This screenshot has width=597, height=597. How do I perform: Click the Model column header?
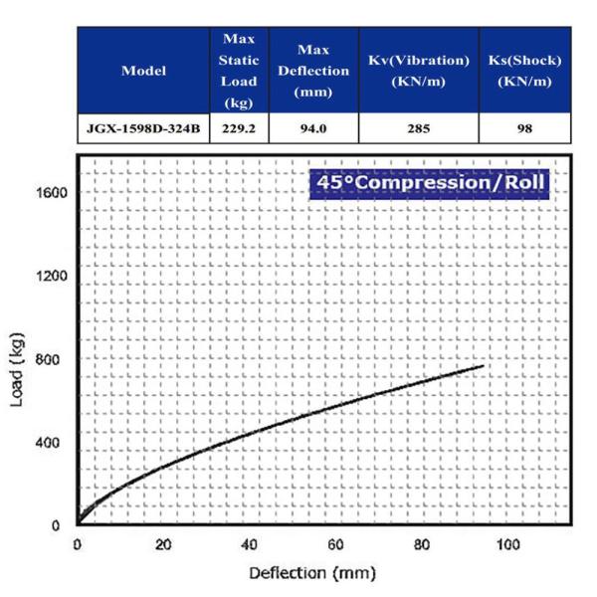coord(143,71)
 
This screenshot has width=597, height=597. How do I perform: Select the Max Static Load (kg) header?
coord(240,70)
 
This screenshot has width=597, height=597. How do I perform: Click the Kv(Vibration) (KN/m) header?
coord(419,70)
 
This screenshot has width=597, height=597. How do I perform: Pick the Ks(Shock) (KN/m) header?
coord(524,70)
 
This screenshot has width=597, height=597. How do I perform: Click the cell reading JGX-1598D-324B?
coord(143,127)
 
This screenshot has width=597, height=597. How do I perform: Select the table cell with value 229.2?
coord(240,127)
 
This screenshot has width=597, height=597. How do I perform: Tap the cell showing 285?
coord(419,127)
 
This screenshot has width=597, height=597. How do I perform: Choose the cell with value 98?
coord(524,127)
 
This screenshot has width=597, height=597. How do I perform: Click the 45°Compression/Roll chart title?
coord(428,184)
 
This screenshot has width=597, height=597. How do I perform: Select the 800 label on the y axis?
coord(56,359)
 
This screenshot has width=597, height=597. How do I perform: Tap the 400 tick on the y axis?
coord(56,443)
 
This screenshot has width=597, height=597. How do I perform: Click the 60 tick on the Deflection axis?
coord(336,545)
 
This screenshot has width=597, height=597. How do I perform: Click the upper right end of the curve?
coord(483,366)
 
